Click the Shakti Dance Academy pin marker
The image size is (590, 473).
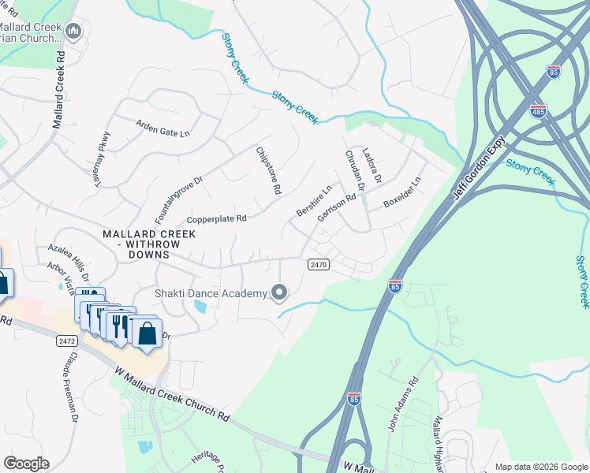tap(278, 293)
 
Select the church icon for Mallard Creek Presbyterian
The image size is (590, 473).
tap(73, 32)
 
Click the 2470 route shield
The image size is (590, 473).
tap(317, 265)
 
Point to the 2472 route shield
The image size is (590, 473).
tap(67, 341)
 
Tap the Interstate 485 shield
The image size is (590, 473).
tap(538, 110)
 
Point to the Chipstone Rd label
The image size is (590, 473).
tap(268, 170)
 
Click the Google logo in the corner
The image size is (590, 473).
tap(26, 464)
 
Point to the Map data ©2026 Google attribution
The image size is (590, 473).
tap(540, 467)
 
